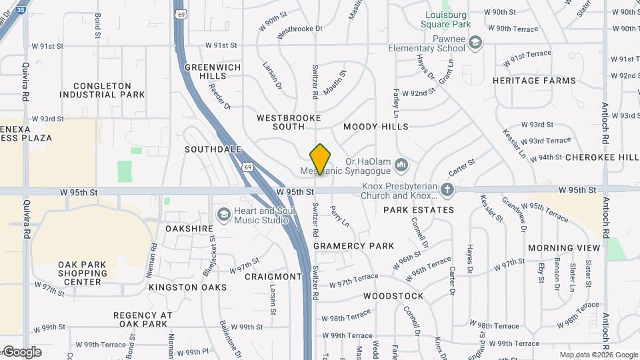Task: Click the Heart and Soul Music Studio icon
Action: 223,214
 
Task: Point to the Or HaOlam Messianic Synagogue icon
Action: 401,164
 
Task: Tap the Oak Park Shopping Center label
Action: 83,273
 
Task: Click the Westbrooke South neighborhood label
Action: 289,122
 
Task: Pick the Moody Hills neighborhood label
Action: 376,127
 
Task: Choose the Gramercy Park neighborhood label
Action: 354,246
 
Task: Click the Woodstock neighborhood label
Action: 393,296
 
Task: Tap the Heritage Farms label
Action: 534,81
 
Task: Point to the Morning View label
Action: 564,248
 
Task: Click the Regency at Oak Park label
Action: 143,319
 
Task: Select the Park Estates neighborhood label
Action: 419,210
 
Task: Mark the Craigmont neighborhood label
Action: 273,277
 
